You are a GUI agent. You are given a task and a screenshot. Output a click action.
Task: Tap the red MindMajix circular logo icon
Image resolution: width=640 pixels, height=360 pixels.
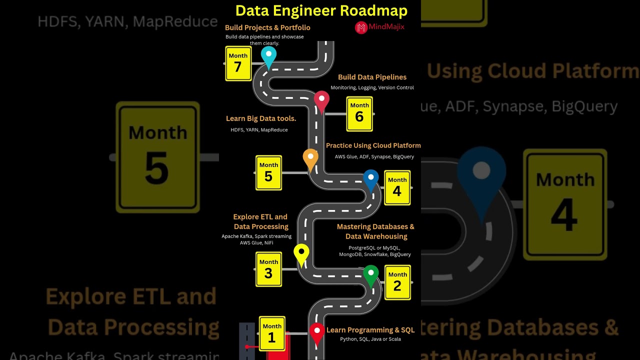(x=361, y=27)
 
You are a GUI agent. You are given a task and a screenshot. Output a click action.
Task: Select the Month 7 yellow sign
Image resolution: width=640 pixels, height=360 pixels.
(x=238, y=63)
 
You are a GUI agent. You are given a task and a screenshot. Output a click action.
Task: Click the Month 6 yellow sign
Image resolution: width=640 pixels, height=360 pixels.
(x=359, y=113)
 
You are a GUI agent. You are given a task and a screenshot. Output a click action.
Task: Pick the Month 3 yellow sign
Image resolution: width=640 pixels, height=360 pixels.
(x=268, y=269)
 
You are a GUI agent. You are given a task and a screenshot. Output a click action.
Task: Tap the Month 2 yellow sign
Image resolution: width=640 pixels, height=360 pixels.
(x=397, y=282)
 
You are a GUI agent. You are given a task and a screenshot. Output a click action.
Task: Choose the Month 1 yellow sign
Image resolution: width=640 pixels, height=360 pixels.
(x=272, y=333)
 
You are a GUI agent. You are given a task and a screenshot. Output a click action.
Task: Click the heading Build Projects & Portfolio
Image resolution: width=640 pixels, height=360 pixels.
(x=267, y=27)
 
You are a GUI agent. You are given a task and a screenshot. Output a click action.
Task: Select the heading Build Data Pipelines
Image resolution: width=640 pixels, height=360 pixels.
(x=372, y=77)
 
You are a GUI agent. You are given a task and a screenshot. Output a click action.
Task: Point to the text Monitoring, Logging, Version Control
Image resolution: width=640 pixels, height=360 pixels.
(x=372, y=87)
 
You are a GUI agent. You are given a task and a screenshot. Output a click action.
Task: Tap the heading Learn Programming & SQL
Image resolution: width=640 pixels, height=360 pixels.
(x=370, y=330)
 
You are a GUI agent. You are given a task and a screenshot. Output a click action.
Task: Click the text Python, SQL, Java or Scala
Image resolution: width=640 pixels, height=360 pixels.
(x=370, y=339)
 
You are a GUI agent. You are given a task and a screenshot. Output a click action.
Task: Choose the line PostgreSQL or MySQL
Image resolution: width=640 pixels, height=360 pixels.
(x=374, y=247)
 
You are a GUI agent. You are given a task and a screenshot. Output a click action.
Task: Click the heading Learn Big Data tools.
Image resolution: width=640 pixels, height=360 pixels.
(x=261, y=118)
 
